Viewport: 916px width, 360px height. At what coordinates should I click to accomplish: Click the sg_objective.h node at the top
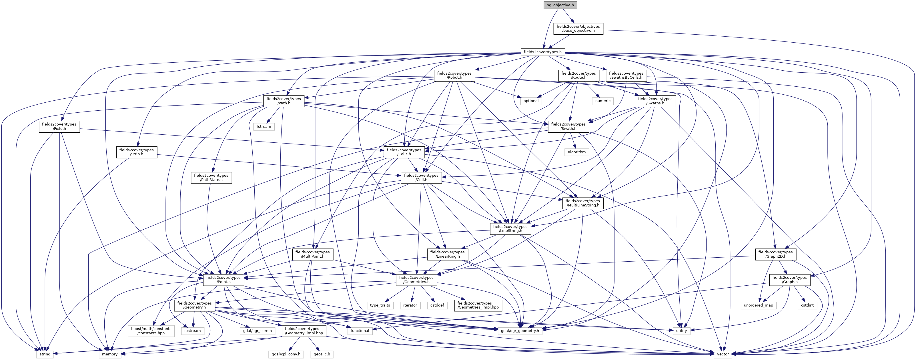[560, 5]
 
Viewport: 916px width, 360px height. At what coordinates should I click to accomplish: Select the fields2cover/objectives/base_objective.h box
[578, 29]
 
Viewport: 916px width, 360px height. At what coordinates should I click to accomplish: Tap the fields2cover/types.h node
[543, 52]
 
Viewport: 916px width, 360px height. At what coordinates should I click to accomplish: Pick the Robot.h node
[454, 75]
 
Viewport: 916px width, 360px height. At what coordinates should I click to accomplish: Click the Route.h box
[578, 75]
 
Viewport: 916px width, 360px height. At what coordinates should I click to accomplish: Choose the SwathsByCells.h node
[626, 75]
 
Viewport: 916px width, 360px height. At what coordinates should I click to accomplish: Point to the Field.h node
[59, 126]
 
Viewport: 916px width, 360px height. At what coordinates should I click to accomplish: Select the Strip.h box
[137, 152]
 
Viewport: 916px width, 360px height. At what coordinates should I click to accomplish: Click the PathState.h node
[211, 178]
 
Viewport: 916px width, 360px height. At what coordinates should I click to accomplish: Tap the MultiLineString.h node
[582, 203]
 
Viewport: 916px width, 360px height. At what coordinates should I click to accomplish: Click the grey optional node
[531, 101]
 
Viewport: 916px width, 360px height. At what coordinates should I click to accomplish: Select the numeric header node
[603, 101]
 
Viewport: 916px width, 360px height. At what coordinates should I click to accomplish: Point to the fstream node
[264, 127]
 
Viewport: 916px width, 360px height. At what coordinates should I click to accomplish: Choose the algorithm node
[576, 152]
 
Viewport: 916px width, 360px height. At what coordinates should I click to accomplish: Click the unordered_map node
[759, 305]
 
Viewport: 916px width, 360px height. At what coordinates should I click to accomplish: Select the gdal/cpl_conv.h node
[286, 354]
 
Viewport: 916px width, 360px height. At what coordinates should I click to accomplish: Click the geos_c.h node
[322, 354]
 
